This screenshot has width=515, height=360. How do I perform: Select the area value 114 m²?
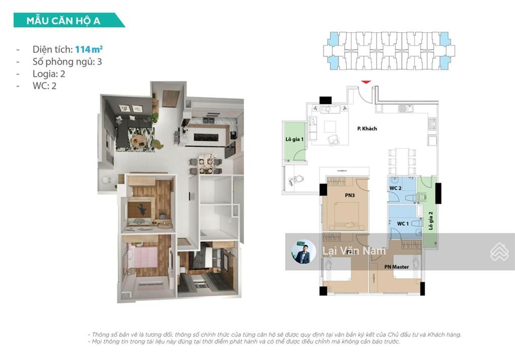click(x=90, y=49)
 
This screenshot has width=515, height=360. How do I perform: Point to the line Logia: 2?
click(x=49, y=74)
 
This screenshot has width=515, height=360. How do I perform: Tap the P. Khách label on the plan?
click(x=368, y=129)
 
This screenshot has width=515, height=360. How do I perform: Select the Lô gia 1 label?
click(x=295, y=139)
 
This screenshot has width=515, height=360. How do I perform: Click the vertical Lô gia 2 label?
click(x=431, y=221)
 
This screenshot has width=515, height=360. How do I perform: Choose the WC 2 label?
click(x=395, y=189)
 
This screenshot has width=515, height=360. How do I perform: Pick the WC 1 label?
click(x=402, y=223)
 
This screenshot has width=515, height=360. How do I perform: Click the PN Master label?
click(x=396, y=267)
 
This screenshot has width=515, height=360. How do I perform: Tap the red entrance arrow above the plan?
click(x=366, y=81)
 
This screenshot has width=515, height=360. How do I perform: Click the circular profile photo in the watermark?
click(x=304, y=251)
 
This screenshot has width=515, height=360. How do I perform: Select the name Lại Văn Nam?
click(x=354, y=250)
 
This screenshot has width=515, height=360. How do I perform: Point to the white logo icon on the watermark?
click(x=499, y=252)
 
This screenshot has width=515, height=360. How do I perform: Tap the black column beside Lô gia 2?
click(x=438, y=193)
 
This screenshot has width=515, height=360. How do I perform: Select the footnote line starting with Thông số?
click(x=275, y=334)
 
